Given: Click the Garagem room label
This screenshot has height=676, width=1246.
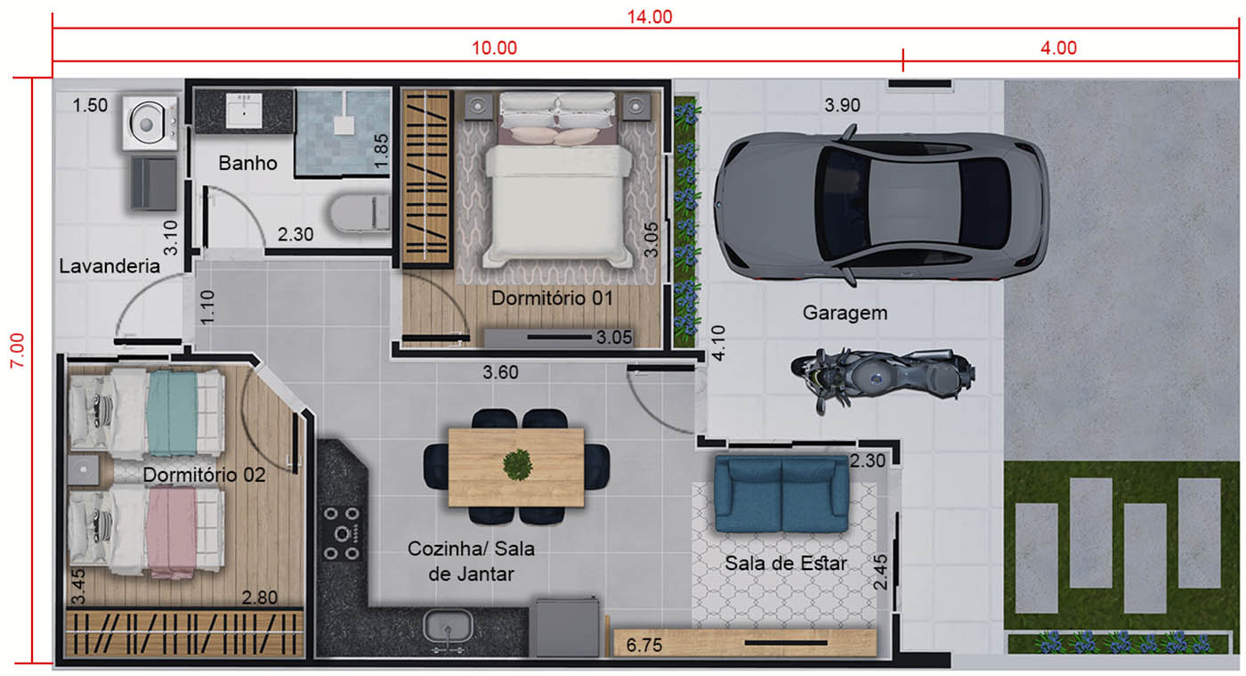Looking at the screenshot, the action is coord(845,313).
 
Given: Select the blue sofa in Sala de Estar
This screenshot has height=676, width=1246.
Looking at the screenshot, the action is coord(781,494).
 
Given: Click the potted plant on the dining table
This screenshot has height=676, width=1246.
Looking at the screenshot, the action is coord(517,464).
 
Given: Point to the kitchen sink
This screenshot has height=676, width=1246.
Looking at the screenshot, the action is coord(448,627).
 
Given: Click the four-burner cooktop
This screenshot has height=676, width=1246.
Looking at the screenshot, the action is coord(342,533).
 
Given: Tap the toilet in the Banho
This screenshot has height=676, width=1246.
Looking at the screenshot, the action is coord(360,213).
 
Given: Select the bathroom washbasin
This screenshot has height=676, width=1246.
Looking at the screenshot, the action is coord(244,110).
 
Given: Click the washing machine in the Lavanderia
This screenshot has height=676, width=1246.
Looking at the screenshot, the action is coord(150,123).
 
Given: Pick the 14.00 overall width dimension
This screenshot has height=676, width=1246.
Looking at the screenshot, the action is coord(649,17).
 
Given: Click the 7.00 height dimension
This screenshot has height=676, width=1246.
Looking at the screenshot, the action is coord(17,350).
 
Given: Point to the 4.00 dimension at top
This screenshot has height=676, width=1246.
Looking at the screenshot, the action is coord(1058,48).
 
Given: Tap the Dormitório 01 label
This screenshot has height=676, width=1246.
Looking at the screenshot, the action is coord(552,298).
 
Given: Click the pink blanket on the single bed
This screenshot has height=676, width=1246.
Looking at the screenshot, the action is coord(171,533).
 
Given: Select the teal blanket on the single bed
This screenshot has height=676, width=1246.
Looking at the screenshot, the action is coord(173,413).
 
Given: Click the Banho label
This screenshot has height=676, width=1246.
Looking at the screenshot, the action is coord(247,163).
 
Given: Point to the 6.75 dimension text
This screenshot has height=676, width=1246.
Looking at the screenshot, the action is coord(644,645).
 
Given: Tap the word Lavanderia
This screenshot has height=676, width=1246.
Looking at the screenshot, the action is coord(109,266).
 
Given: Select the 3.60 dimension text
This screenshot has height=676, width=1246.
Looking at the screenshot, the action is coord(500,372).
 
